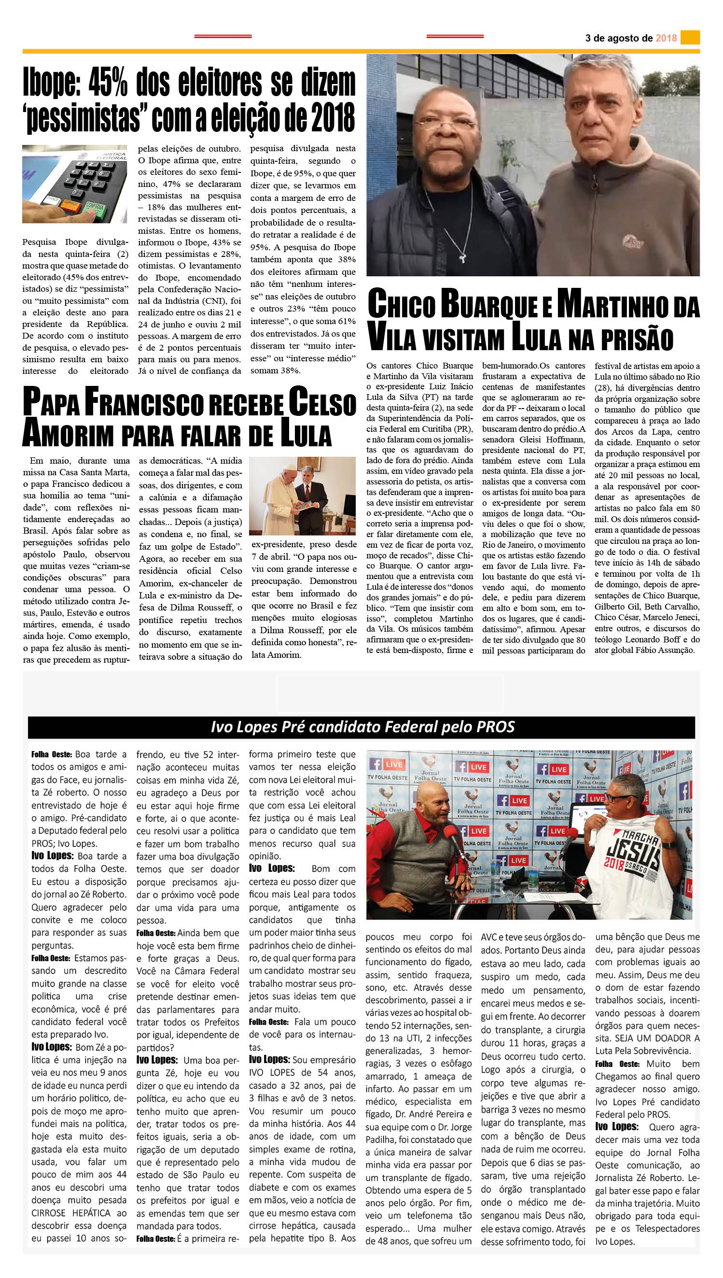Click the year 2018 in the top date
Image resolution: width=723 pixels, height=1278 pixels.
pyautogui.click(x=666, y=38)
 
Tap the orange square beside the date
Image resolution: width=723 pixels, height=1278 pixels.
pyautogui.click(x=690, y=37)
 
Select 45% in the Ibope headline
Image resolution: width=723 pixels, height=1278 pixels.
pyautogui.click(x=108, y=83)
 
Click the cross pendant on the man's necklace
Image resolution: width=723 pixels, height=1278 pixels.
pyautogui.click(x=463, y=258)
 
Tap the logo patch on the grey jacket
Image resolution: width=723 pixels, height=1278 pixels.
pyautogui.click(x=634, y=241)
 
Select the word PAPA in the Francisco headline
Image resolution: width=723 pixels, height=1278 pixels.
pyautogui.click(x=51, y=402)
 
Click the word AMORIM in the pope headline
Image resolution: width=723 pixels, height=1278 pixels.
pyautogui.click(x=68, y=433)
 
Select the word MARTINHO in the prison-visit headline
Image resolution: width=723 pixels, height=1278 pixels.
pyautogui.click(x=612, y=304)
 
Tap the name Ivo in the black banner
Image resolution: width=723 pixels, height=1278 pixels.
pyautogui.click(x=222, y=727)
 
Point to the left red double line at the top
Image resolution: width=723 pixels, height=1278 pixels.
pyautogui.click(x=222, y=36)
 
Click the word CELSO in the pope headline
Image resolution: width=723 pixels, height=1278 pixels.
pyautogui.click(x=322, y=402)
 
